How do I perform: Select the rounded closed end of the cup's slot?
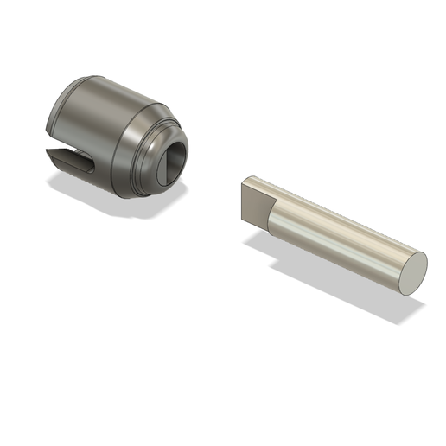[x=86, y=162]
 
